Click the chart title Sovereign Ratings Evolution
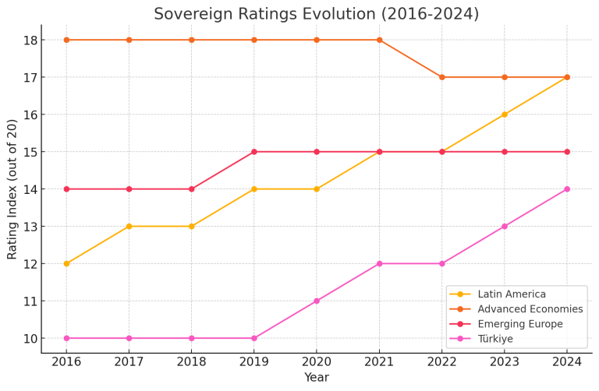[316, 14]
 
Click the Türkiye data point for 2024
[567, 189]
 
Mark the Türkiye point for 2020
[317, 301]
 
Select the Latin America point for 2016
[66, 263]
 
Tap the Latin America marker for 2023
[505, 114]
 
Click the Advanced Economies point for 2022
[442, 77]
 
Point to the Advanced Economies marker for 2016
[66, 40]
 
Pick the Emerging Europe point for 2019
[254, 152]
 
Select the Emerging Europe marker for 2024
[567, 152]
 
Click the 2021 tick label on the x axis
[379, 363]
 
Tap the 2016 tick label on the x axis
[66, 363]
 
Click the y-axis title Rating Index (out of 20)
[12, 189]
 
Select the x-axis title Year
[316, 379]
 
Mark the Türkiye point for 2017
[129, 338]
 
